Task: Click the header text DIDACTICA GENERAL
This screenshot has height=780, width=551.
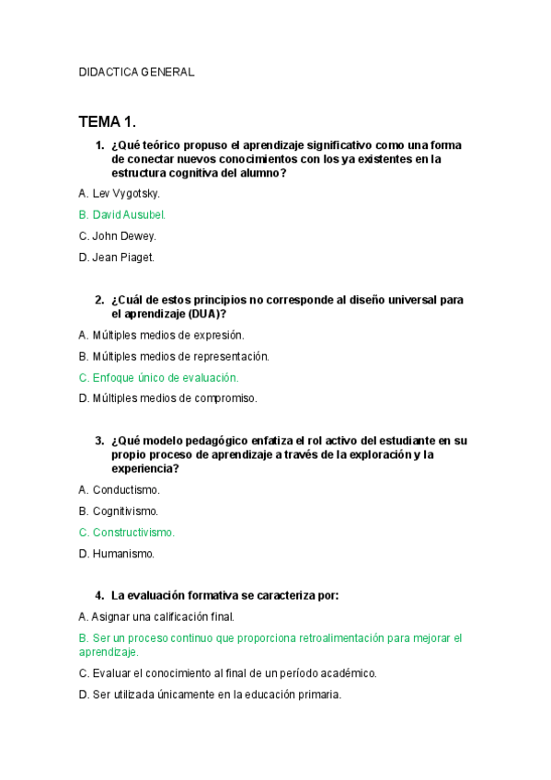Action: click(136, 73)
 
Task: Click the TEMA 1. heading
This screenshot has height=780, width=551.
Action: click(108, 121)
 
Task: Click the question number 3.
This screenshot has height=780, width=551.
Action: click(98, 441)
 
